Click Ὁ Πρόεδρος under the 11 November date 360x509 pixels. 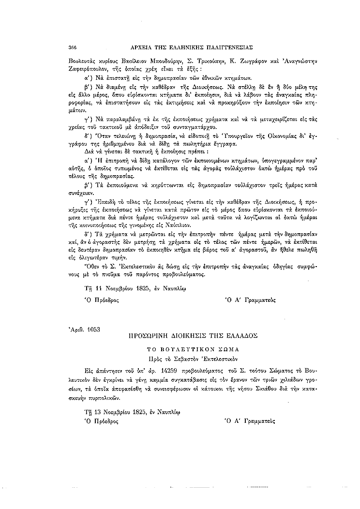[102, 300]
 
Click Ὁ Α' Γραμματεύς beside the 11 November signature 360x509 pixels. [250, 300]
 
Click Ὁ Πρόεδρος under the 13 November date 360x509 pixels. [102, 421]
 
